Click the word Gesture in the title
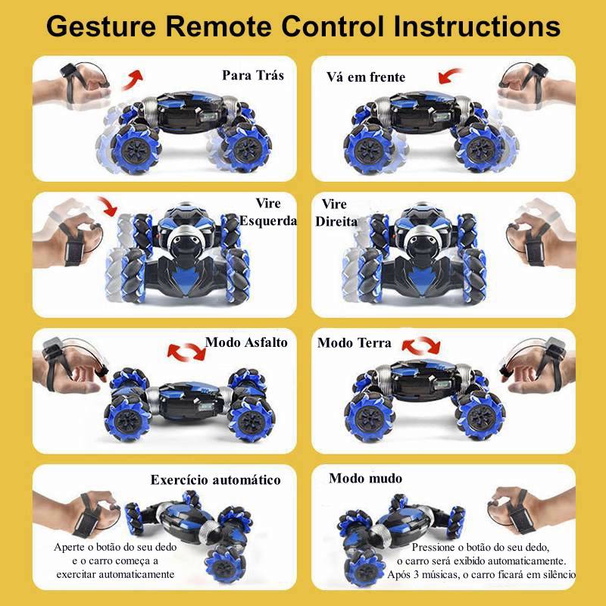coord(101,27)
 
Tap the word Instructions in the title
coord(477,27)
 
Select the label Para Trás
coord(253,75)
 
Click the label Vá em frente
coord(366,77)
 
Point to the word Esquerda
coord(268,220)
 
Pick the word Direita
coord(336,221)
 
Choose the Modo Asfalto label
coord(246,342)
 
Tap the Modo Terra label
coord(354,343)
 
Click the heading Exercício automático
coord(215,480)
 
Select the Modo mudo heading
coord(365,479)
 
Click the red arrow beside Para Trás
coord(133,80)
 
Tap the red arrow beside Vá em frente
coord(449,75)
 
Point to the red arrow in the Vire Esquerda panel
coord(108,205)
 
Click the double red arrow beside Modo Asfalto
coord(186,351)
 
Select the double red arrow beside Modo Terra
coord(421,345)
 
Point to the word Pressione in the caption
coord(433,547)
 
